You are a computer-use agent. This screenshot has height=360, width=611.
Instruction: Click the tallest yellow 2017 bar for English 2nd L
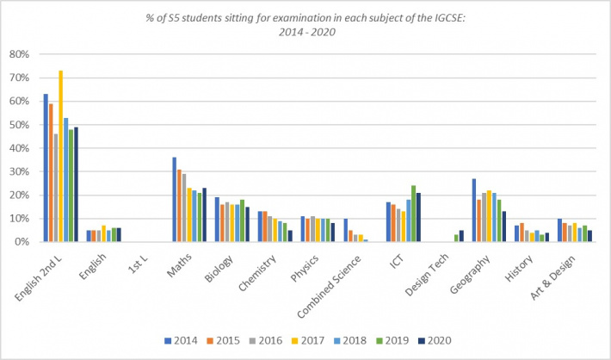click(60, 156)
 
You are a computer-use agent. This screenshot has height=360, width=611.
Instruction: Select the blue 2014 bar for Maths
click(174, 199)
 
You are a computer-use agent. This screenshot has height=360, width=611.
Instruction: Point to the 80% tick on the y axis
click(18, 54)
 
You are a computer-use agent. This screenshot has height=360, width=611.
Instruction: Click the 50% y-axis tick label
click(18, 125)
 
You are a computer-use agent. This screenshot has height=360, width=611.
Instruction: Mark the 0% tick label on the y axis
click(21, 242)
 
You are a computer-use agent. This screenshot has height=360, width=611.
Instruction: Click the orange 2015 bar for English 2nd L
click(51, 172)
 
